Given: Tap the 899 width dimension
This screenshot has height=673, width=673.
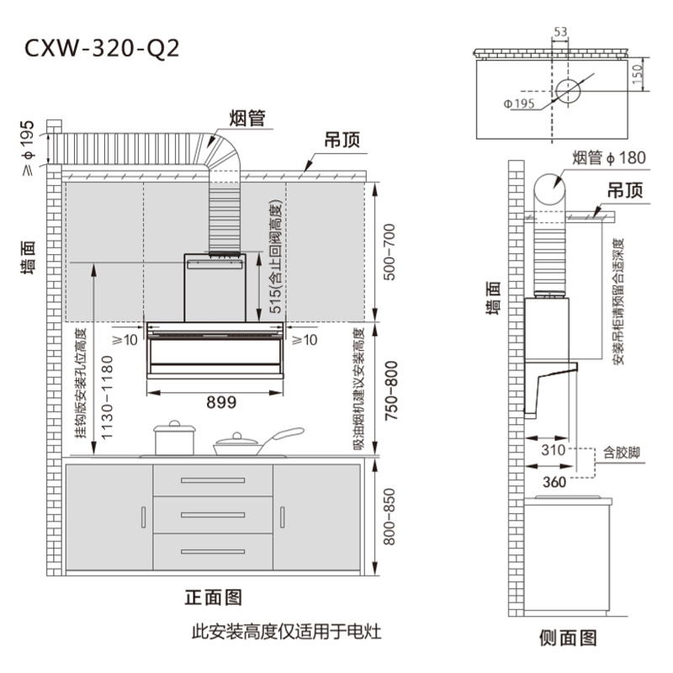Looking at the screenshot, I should (220, 402).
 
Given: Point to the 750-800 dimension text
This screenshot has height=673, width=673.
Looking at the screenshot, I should (388, 388).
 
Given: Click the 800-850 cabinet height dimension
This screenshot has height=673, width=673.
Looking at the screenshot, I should (388, 516).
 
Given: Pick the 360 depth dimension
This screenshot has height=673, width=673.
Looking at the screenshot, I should (554, 481).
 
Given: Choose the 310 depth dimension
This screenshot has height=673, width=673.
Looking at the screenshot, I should (553, 450).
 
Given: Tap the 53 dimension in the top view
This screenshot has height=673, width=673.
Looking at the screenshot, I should (560, 32).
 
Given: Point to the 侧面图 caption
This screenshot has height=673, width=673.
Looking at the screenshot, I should (568, 638).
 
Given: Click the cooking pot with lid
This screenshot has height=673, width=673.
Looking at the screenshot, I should (174, 438).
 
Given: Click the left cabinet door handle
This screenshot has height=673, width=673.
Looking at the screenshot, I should (143, 517).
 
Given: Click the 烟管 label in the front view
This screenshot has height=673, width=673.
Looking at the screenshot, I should (247, 119).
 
